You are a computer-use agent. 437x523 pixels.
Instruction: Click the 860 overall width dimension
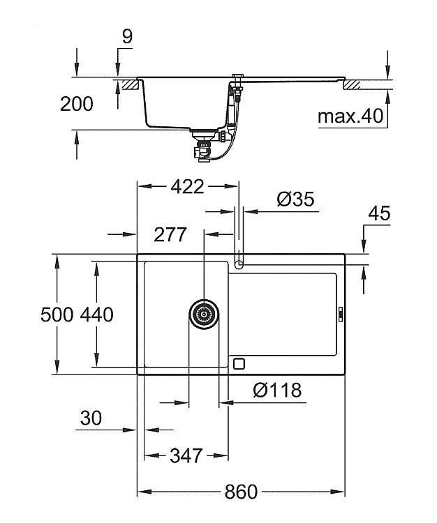(241, 492)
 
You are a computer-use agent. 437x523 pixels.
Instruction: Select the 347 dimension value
(186, 455)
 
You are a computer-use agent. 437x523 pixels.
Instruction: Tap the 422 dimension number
(187, 187)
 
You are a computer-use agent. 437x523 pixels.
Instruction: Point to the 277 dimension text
(170, 235)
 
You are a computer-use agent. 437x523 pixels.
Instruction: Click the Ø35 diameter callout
(295, 199)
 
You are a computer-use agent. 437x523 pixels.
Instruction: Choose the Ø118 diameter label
(277, 390)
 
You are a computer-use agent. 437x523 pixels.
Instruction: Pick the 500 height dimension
(57, 314)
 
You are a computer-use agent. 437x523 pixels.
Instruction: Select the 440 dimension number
(97, 314)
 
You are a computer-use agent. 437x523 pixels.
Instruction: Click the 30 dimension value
(91, 418)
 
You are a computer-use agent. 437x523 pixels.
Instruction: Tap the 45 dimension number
(379, 213)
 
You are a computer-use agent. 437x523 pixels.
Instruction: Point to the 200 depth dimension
(77, 104)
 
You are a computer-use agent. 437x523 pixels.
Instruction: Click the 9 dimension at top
(127, 36)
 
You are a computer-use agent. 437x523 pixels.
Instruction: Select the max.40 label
(350, 116)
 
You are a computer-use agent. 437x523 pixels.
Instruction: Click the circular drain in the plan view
(204, 314)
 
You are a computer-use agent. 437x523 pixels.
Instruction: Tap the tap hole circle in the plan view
(239, 265)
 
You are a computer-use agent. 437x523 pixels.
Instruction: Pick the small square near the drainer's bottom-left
(239, 363)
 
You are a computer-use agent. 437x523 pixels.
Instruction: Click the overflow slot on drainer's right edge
(341, 314)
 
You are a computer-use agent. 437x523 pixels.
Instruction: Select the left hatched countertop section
(130, 84)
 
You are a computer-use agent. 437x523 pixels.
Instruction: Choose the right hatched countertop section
(353, 84)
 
